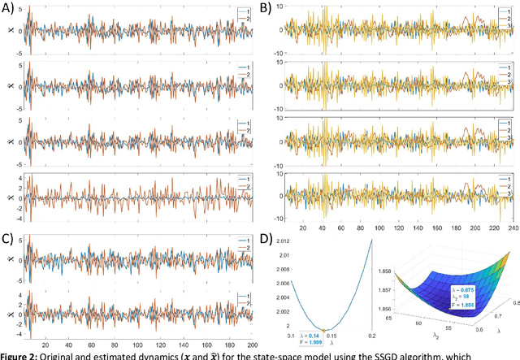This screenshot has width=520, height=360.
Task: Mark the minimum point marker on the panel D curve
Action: (x=323, y=330)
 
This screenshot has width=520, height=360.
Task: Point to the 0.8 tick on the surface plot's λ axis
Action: (x=510, y=286)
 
